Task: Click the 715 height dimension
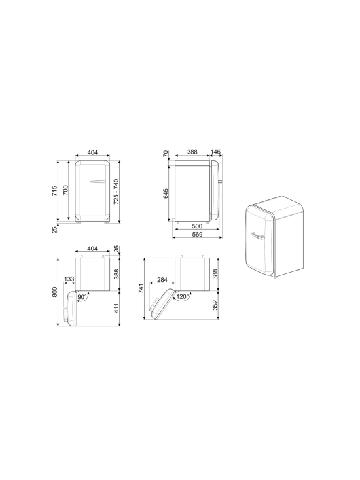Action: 55,191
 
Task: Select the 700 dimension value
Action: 65,190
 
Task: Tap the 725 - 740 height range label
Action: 116,192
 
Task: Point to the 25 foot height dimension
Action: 55,230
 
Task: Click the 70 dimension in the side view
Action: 166,154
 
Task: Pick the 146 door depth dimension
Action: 215,152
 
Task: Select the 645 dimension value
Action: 166,194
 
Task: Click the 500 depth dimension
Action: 197,226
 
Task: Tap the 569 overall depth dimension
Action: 197,235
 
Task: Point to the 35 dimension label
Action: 116,249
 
